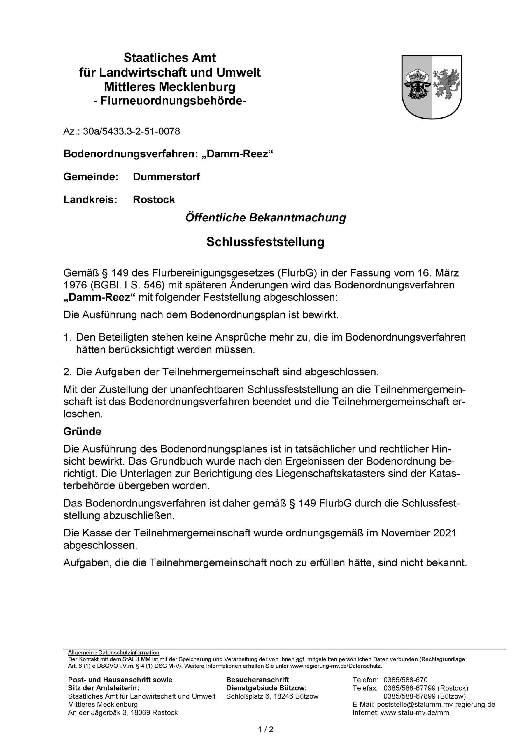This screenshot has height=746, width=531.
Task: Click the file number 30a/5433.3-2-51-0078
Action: [131, 131]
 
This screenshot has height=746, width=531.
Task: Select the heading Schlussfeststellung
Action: [265, 242]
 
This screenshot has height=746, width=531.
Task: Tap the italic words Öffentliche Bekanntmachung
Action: [265, 218]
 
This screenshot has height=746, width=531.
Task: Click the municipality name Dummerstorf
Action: [166, 177]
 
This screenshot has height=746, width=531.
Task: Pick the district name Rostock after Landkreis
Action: [154, 200]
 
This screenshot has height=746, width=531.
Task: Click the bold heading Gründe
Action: [83, 431]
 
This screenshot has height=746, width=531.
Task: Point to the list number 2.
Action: [67, 372]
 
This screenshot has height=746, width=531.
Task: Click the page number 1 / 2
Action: [265, 729]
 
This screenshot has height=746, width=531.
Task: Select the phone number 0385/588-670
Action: [405, 680]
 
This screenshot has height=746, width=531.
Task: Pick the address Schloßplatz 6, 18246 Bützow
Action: [272, 696]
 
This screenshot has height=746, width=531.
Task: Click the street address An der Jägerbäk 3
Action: [97, 713]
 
